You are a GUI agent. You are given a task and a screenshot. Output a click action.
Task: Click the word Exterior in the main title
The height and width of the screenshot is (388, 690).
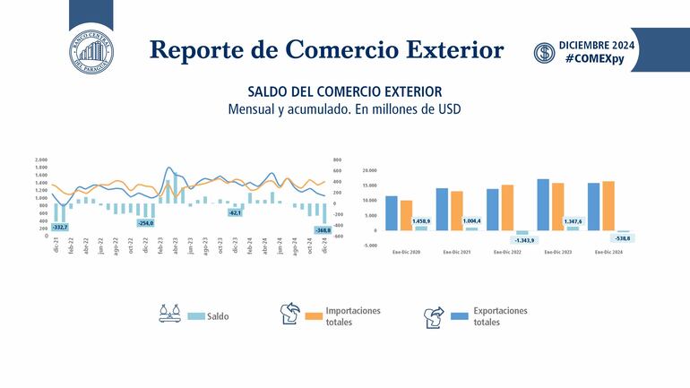coord(436,49)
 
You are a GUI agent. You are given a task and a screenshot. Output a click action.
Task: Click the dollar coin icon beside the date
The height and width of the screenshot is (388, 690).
coord(544,53)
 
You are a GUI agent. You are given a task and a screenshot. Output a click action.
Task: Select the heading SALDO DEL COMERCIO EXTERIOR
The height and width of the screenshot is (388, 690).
coord(344,91)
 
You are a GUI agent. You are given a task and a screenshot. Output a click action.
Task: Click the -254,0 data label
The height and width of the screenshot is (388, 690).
coord(145,222)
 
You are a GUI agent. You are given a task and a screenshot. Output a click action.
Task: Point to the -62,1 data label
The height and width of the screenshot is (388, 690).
coord(235,213)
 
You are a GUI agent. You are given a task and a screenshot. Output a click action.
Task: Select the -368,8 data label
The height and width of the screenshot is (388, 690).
coord(323,230)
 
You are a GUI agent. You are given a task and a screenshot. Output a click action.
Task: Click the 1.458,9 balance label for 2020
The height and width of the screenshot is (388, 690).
coord(421,220)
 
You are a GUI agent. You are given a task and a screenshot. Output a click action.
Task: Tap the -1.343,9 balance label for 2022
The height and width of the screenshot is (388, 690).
coord(523,240)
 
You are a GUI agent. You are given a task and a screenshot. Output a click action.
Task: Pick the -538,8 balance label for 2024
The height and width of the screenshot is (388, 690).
coord(622,238)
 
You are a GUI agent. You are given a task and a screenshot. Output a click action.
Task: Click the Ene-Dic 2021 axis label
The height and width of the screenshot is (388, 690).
coord(457,252)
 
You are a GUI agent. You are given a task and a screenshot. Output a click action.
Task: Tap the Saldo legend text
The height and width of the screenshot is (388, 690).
coord(218,316)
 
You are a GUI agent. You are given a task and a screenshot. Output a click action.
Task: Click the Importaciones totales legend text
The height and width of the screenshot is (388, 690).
coord(353,316)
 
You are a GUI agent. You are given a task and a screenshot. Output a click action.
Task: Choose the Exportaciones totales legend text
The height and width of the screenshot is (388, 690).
coord(500,316)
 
